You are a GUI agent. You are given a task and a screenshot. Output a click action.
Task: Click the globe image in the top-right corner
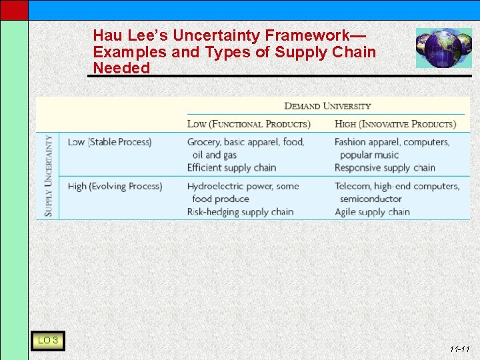point(443,48)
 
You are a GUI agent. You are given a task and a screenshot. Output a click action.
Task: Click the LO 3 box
point(47,341)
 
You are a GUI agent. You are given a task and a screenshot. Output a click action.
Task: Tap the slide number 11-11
point(459,349)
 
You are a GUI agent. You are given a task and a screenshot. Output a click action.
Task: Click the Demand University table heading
point(327,106)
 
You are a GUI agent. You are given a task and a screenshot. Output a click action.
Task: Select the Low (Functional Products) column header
point(249,124)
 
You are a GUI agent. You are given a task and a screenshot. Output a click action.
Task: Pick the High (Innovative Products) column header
point(395,124)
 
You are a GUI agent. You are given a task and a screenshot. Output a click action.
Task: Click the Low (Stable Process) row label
point(109,142)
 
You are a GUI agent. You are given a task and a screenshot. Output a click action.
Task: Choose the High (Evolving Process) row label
point(115,186)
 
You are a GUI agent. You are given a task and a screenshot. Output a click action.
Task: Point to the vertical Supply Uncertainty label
point(49,176)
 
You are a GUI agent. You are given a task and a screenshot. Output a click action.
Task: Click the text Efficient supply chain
point(231,167)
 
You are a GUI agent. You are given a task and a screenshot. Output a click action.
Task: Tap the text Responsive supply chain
point(385,167)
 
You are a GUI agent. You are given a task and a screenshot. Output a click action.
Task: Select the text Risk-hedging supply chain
point(240,212)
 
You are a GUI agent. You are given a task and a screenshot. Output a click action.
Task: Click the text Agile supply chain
point(372,212)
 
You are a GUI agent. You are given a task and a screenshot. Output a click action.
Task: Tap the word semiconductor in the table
point(371,199)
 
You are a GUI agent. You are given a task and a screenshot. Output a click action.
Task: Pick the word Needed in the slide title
point(121,68)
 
